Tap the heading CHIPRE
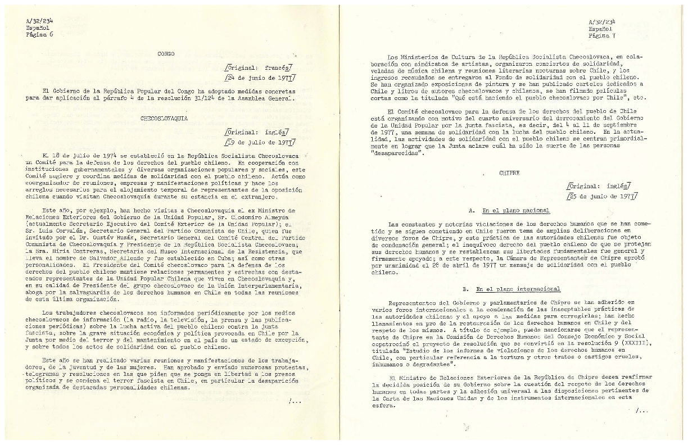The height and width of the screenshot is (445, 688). tap(509, 173)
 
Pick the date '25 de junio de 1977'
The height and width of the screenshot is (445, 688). tap(601, 196)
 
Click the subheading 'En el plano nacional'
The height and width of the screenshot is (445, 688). tap(515, 210)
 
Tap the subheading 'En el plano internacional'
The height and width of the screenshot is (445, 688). tap(518, 289)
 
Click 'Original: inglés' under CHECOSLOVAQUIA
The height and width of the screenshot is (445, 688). tap(257, 132)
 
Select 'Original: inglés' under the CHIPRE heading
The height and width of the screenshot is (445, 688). tap(599, 185)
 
